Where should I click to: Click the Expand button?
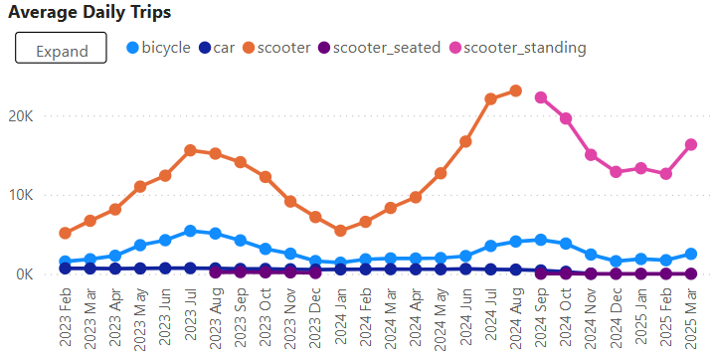tap(61, 48)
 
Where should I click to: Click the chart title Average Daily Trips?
tap(89, 13)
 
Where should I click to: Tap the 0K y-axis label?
tap(24, 274)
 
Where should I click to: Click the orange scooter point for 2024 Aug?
tap(515, 90)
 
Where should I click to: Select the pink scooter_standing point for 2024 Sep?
tap(541, 97)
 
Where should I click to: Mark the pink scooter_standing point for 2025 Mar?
tap(691, 144)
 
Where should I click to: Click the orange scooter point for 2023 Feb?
tap(65, 233)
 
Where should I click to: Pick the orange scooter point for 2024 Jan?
tap(340, 231)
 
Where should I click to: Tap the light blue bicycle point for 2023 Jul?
tap(190, 231)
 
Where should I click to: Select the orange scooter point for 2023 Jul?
tap(190, 150)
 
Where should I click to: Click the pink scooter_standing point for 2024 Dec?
tap(616, 172)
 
